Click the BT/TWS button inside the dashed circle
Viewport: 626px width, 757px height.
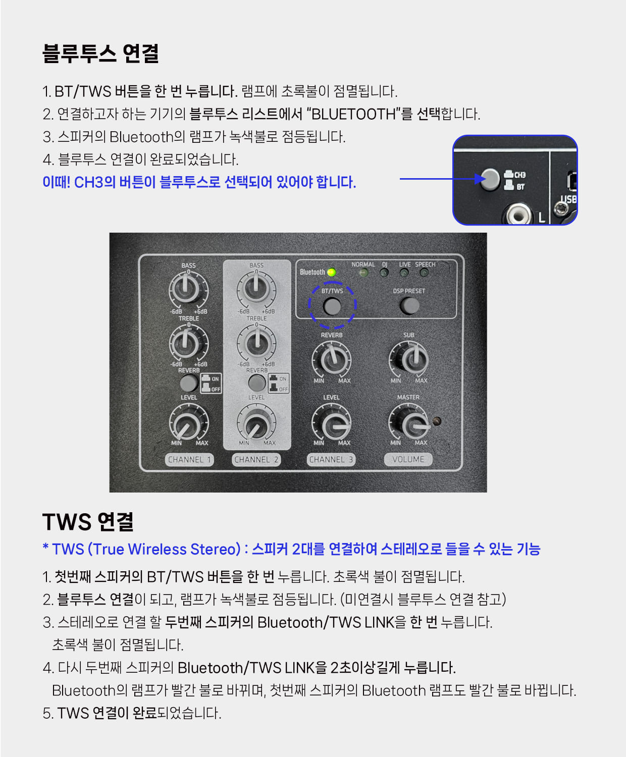pos(332,306)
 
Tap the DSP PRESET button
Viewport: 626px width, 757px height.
pos(409,306)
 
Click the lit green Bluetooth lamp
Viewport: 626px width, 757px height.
pos(331,272)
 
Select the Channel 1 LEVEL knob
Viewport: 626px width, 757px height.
pos(189,423)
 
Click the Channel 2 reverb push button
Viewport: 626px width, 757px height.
pos(257,383)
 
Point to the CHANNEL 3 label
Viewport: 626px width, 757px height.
pos(331,459)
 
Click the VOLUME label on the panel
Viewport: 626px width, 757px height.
pos(408,459)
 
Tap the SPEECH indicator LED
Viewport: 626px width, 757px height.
pos(424,273)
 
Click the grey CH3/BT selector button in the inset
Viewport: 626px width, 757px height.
pos(490,179)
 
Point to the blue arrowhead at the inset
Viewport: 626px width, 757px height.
pos(480,179)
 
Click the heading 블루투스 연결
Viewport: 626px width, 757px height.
pos(100,53)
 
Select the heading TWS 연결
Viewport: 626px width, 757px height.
pos(88,522)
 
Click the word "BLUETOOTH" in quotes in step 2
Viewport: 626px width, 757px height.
pos(353,114)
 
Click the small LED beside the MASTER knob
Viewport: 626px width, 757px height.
pos(437,421)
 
